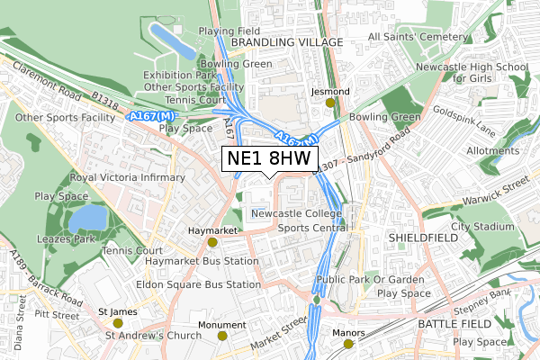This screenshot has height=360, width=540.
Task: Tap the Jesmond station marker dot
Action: point(329,103)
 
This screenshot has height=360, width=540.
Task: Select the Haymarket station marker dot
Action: point(212,242)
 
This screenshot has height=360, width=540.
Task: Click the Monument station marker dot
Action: point(222,336)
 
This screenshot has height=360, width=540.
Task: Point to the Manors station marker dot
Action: point(348,344)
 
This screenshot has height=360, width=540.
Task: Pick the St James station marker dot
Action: point(117,322)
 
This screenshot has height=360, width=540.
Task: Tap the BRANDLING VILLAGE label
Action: point(287,42)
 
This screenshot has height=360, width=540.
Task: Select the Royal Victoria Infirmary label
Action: point(127,177)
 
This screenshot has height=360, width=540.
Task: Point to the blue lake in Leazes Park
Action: point(87,218)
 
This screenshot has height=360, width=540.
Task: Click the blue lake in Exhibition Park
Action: point(172,39)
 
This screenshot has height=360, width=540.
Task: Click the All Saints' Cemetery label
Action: point(418,37)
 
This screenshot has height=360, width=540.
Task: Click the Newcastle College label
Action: point(296,213)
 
